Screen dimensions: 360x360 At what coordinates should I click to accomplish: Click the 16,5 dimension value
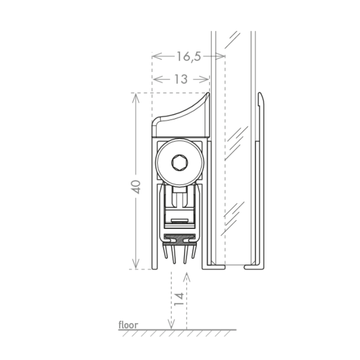point(189,57)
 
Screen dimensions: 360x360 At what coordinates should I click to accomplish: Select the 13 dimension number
point(181,79)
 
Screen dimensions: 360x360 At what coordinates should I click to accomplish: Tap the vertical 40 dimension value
point(136,187)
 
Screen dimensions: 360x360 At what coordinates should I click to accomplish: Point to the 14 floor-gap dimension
point(179,299)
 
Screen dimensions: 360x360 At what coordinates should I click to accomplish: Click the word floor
point(128,325)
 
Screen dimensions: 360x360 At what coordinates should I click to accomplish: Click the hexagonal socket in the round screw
point(179,163)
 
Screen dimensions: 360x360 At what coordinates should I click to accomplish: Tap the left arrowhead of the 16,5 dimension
point(157,56)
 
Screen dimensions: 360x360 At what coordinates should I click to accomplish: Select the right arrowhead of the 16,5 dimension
point(220,56)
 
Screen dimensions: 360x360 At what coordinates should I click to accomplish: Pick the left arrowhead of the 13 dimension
point(158,79)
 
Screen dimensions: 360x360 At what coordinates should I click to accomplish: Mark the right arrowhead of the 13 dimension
point(204,79)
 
